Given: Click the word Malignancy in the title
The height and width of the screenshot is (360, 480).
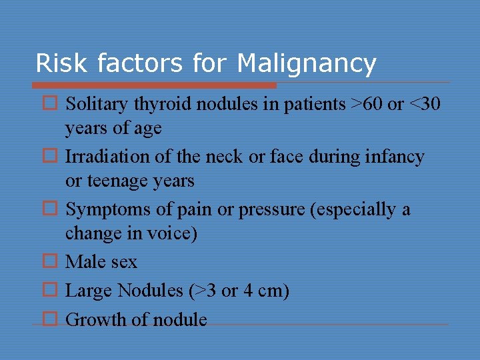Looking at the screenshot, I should click(306, 64).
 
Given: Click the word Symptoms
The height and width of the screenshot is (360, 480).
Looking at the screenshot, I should click(101, 210).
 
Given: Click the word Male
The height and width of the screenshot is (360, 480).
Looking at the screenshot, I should click(85, 262).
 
